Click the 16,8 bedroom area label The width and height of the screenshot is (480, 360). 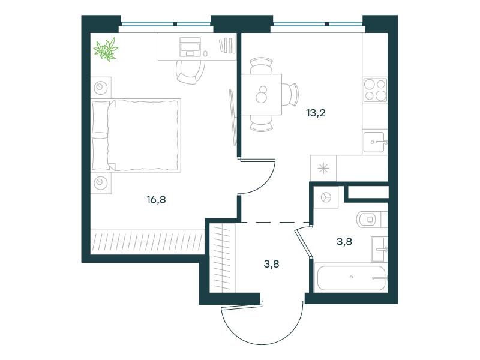(155, 200)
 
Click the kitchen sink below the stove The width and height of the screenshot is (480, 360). (375, 142)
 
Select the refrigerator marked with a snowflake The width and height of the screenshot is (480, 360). (324, 167)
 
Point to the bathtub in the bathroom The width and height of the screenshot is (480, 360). (351, 277)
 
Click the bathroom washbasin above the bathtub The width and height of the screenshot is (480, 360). (379, 248)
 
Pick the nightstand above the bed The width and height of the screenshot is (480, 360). (101, 88)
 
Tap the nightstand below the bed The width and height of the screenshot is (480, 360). (101, 182)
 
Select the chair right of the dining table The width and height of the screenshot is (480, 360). (291, 94)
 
